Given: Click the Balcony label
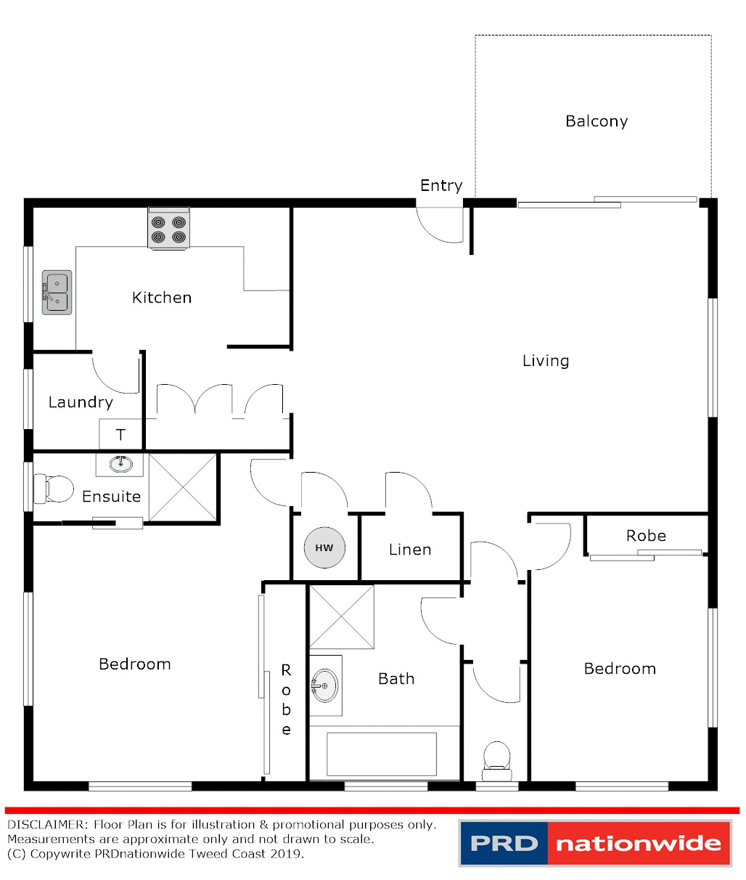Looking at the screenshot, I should coord(597,121).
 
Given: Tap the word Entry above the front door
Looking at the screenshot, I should coord(441,186).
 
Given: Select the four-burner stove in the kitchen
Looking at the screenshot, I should coord(168,229).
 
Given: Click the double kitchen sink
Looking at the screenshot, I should coord(57,292).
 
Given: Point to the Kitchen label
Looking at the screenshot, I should coord(162,298).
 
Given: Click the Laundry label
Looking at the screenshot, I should coord(81,402).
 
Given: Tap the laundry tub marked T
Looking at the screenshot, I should coord(120,435).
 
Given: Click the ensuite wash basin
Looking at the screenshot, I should coord(120,464).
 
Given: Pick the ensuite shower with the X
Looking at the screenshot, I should coord(182,487).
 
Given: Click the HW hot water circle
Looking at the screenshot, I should coord(324,547).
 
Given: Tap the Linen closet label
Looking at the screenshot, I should coord(410,550).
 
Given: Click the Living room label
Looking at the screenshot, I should coord(546,361).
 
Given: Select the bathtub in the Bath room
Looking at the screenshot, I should coord(382,754).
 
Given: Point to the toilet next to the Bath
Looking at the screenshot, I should coord(497,756).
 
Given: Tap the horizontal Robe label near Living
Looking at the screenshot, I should coord(646,536).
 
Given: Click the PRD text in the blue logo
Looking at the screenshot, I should coord(504,844).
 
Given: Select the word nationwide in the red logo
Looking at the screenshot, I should coord(638,844).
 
